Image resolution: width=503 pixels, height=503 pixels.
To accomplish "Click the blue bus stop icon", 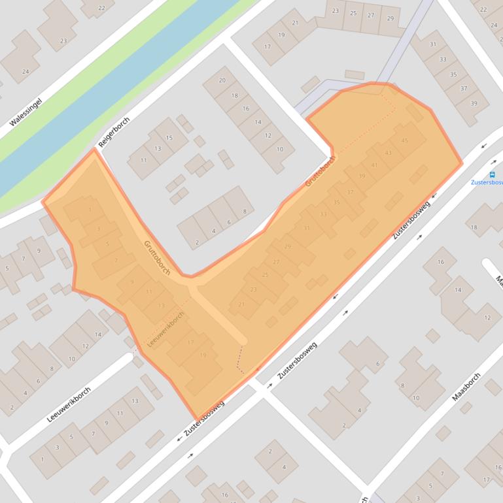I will click(492, 174).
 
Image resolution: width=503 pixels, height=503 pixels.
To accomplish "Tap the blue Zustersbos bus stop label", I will click(487, 183).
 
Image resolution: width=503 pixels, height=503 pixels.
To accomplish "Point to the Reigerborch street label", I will click(114, 132).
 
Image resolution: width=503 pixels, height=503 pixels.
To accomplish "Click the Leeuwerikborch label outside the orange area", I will click(69, 404).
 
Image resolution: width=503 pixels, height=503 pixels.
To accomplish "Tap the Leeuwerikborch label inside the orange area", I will click(166, 329).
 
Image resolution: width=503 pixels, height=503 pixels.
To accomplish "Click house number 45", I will click(405, 140).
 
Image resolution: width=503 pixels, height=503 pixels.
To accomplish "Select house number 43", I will click(389, 153).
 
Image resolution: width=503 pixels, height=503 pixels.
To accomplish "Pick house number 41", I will click(375, 165).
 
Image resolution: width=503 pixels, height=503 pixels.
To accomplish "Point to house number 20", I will click(222, 80).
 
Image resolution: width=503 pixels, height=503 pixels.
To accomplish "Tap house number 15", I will click(169, 137).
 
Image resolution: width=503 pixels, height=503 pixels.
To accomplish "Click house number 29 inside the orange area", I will click(288, 246).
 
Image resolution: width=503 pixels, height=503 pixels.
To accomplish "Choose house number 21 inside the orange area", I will click(241, 304).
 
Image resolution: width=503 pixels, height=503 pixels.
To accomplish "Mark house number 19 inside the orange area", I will click(203, 355).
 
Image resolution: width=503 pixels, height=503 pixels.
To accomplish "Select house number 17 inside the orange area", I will click(190, 342).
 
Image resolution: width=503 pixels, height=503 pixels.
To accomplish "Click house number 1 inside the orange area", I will click(90, 210).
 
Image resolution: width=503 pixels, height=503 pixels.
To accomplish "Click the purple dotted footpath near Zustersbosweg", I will click(239, 359).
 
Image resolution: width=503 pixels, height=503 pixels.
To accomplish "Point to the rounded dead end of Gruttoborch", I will click(243, 340).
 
